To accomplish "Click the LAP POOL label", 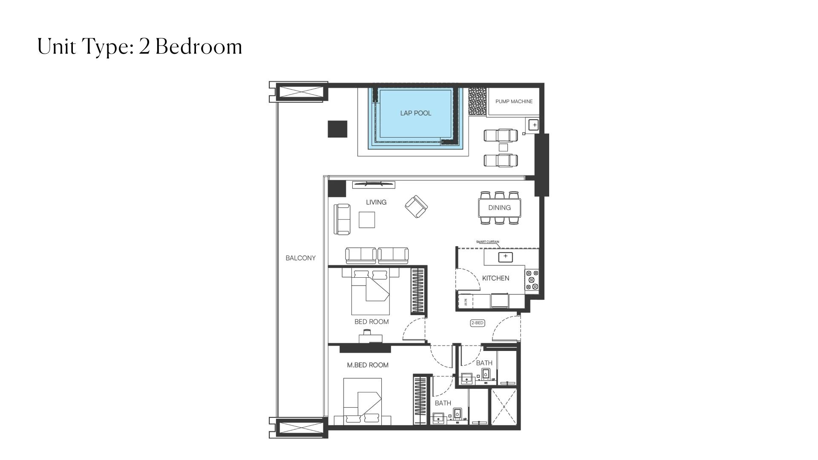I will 415,113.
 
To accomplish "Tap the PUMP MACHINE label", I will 514,101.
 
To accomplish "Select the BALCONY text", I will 300,258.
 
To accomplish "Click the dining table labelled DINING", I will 499,208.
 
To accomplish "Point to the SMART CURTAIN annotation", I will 487,242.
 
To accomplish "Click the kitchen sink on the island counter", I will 505,257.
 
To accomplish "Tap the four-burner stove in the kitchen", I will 532,280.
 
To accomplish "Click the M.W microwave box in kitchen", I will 465,302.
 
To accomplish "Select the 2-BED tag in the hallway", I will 477,323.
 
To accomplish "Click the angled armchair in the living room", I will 416,207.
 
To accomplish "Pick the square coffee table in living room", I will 367,220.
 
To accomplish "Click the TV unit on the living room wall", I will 373,184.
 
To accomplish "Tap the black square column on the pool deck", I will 337,129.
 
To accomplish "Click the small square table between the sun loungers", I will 503,147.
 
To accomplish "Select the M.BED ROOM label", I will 367,365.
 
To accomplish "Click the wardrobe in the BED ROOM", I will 418,291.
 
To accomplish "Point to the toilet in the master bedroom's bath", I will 457,414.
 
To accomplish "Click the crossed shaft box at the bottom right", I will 504,406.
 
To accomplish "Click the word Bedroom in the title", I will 199,46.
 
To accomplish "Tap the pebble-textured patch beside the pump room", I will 477,101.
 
